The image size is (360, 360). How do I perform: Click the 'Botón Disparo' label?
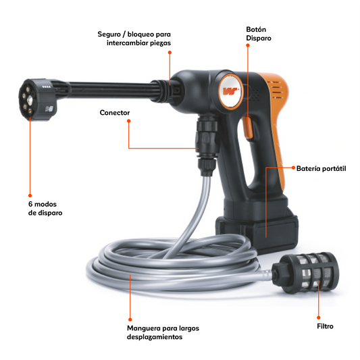click(x=259, y=34)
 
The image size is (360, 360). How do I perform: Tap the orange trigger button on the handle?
click(x=248, y=128)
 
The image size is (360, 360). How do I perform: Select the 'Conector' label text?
click(x=115, y=113)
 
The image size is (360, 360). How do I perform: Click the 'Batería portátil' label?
click(x=321, y=169)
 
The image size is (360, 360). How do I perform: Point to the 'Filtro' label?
click(x=325, y=326)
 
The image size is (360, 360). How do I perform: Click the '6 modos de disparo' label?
click(x=45, y=209)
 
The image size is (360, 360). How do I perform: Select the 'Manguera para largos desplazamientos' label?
click(x=163, y=332)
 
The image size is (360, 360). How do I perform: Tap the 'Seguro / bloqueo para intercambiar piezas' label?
click(x=134, y=38)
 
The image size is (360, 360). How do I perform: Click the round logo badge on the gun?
click(x=230, y=92)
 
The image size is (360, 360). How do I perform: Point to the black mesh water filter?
click(x=305, y=273)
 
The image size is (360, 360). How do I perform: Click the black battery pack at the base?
click(x=257, y=233)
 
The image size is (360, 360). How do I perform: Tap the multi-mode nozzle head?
click(x=37, y=99)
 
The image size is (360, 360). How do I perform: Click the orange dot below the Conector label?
click(x=128, y=121)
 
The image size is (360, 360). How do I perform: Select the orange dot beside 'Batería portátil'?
click(x=293, y=168)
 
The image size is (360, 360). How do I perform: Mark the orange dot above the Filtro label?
click(x=318, y=317)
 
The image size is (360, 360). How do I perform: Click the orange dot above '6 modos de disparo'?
click(x=30, y=195)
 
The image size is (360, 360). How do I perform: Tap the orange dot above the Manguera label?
click(x=130, y=319)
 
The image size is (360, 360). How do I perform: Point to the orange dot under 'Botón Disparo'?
click(x=248, y=45)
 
